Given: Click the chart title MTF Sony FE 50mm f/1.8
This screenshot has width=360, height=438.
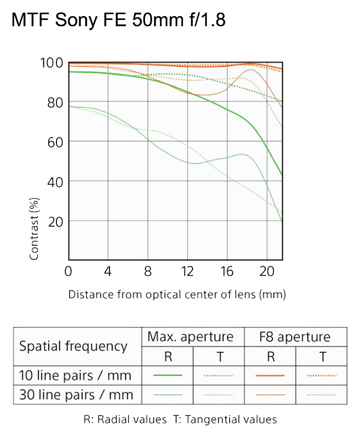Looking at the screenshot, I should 118,20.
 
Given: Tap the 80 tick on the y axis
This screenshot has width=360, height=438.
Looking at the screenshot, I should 55,102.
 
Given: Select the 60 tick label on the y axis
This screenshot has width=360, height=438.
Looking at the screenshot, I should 55,142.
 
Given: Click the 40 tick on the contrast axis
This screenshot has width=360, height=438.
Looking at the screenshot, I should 55,181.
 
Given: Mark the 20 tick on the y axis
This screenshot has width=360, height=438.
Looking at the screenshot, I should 55,220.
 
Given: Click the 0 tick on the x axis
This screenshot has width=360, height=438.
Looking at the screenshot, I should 69,271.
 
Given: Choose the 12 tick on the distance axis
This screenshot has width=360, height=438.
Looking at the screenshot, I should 187,271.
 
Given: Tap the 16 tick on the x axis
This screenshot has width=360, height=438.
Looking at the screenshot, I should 227,271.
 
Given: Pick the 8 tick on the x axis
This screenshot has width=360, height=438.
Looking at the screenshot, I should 148,271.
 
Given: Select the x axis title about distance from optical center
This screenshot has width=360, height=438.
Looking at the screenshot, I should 177,294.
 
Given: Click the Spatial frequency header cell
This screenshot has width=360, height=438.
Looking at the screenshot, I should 73,347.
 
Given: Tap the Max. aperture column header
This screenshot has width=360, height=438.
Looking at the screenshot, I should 191,337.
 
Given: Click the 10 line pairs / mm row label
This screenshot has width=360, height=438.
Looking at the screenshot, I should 75,376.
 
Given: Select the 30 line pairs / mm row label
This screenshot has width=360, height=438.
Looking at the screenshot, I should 75,394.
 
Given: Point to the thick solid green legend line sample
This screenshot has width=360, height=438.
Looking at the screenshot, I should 167,376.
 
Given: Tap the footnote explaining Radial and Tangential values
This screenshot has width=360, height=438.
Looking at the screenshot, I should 180,420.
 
